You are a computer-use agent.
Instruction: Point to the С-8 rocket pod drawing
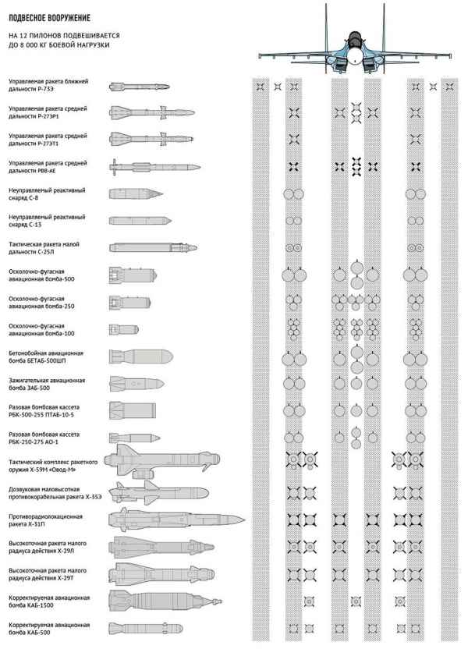[136, 193]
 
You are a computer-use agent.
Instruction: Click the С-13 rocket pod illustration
[140, 220]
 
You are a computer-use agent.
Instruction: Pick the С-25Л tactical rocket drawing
[153, 247]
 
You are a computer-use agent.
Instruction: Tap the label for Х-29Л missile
[47, 548]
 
